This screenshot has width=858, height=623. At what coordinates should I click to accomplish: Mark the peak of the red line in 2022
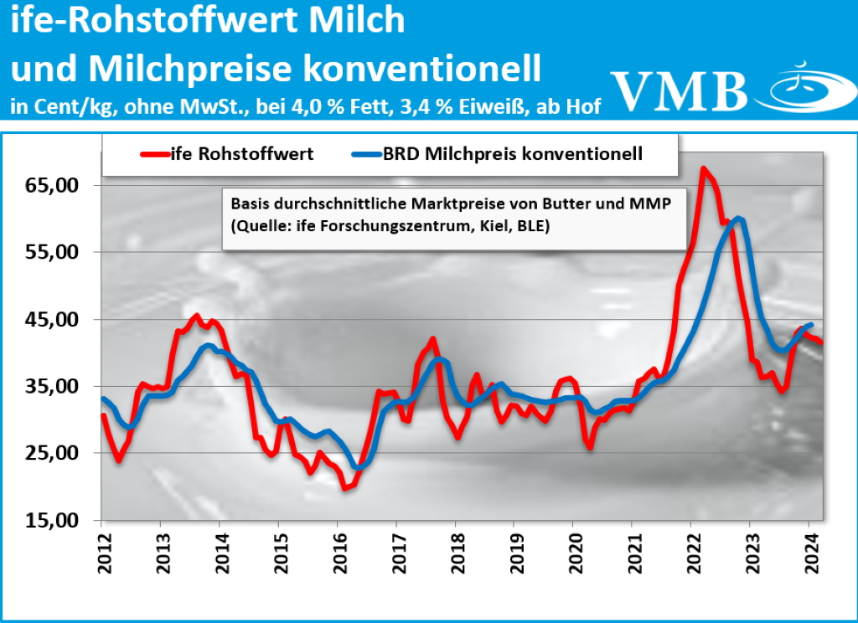point(703,169)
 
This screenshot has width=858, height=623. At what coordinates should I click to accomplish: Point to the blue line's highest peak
point(737,219)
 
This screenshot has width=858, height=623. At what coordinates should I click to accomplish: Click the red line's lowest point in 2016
point(344,487)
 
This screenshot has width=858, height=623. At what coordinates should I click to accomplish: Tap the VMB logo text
point(679,90)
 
